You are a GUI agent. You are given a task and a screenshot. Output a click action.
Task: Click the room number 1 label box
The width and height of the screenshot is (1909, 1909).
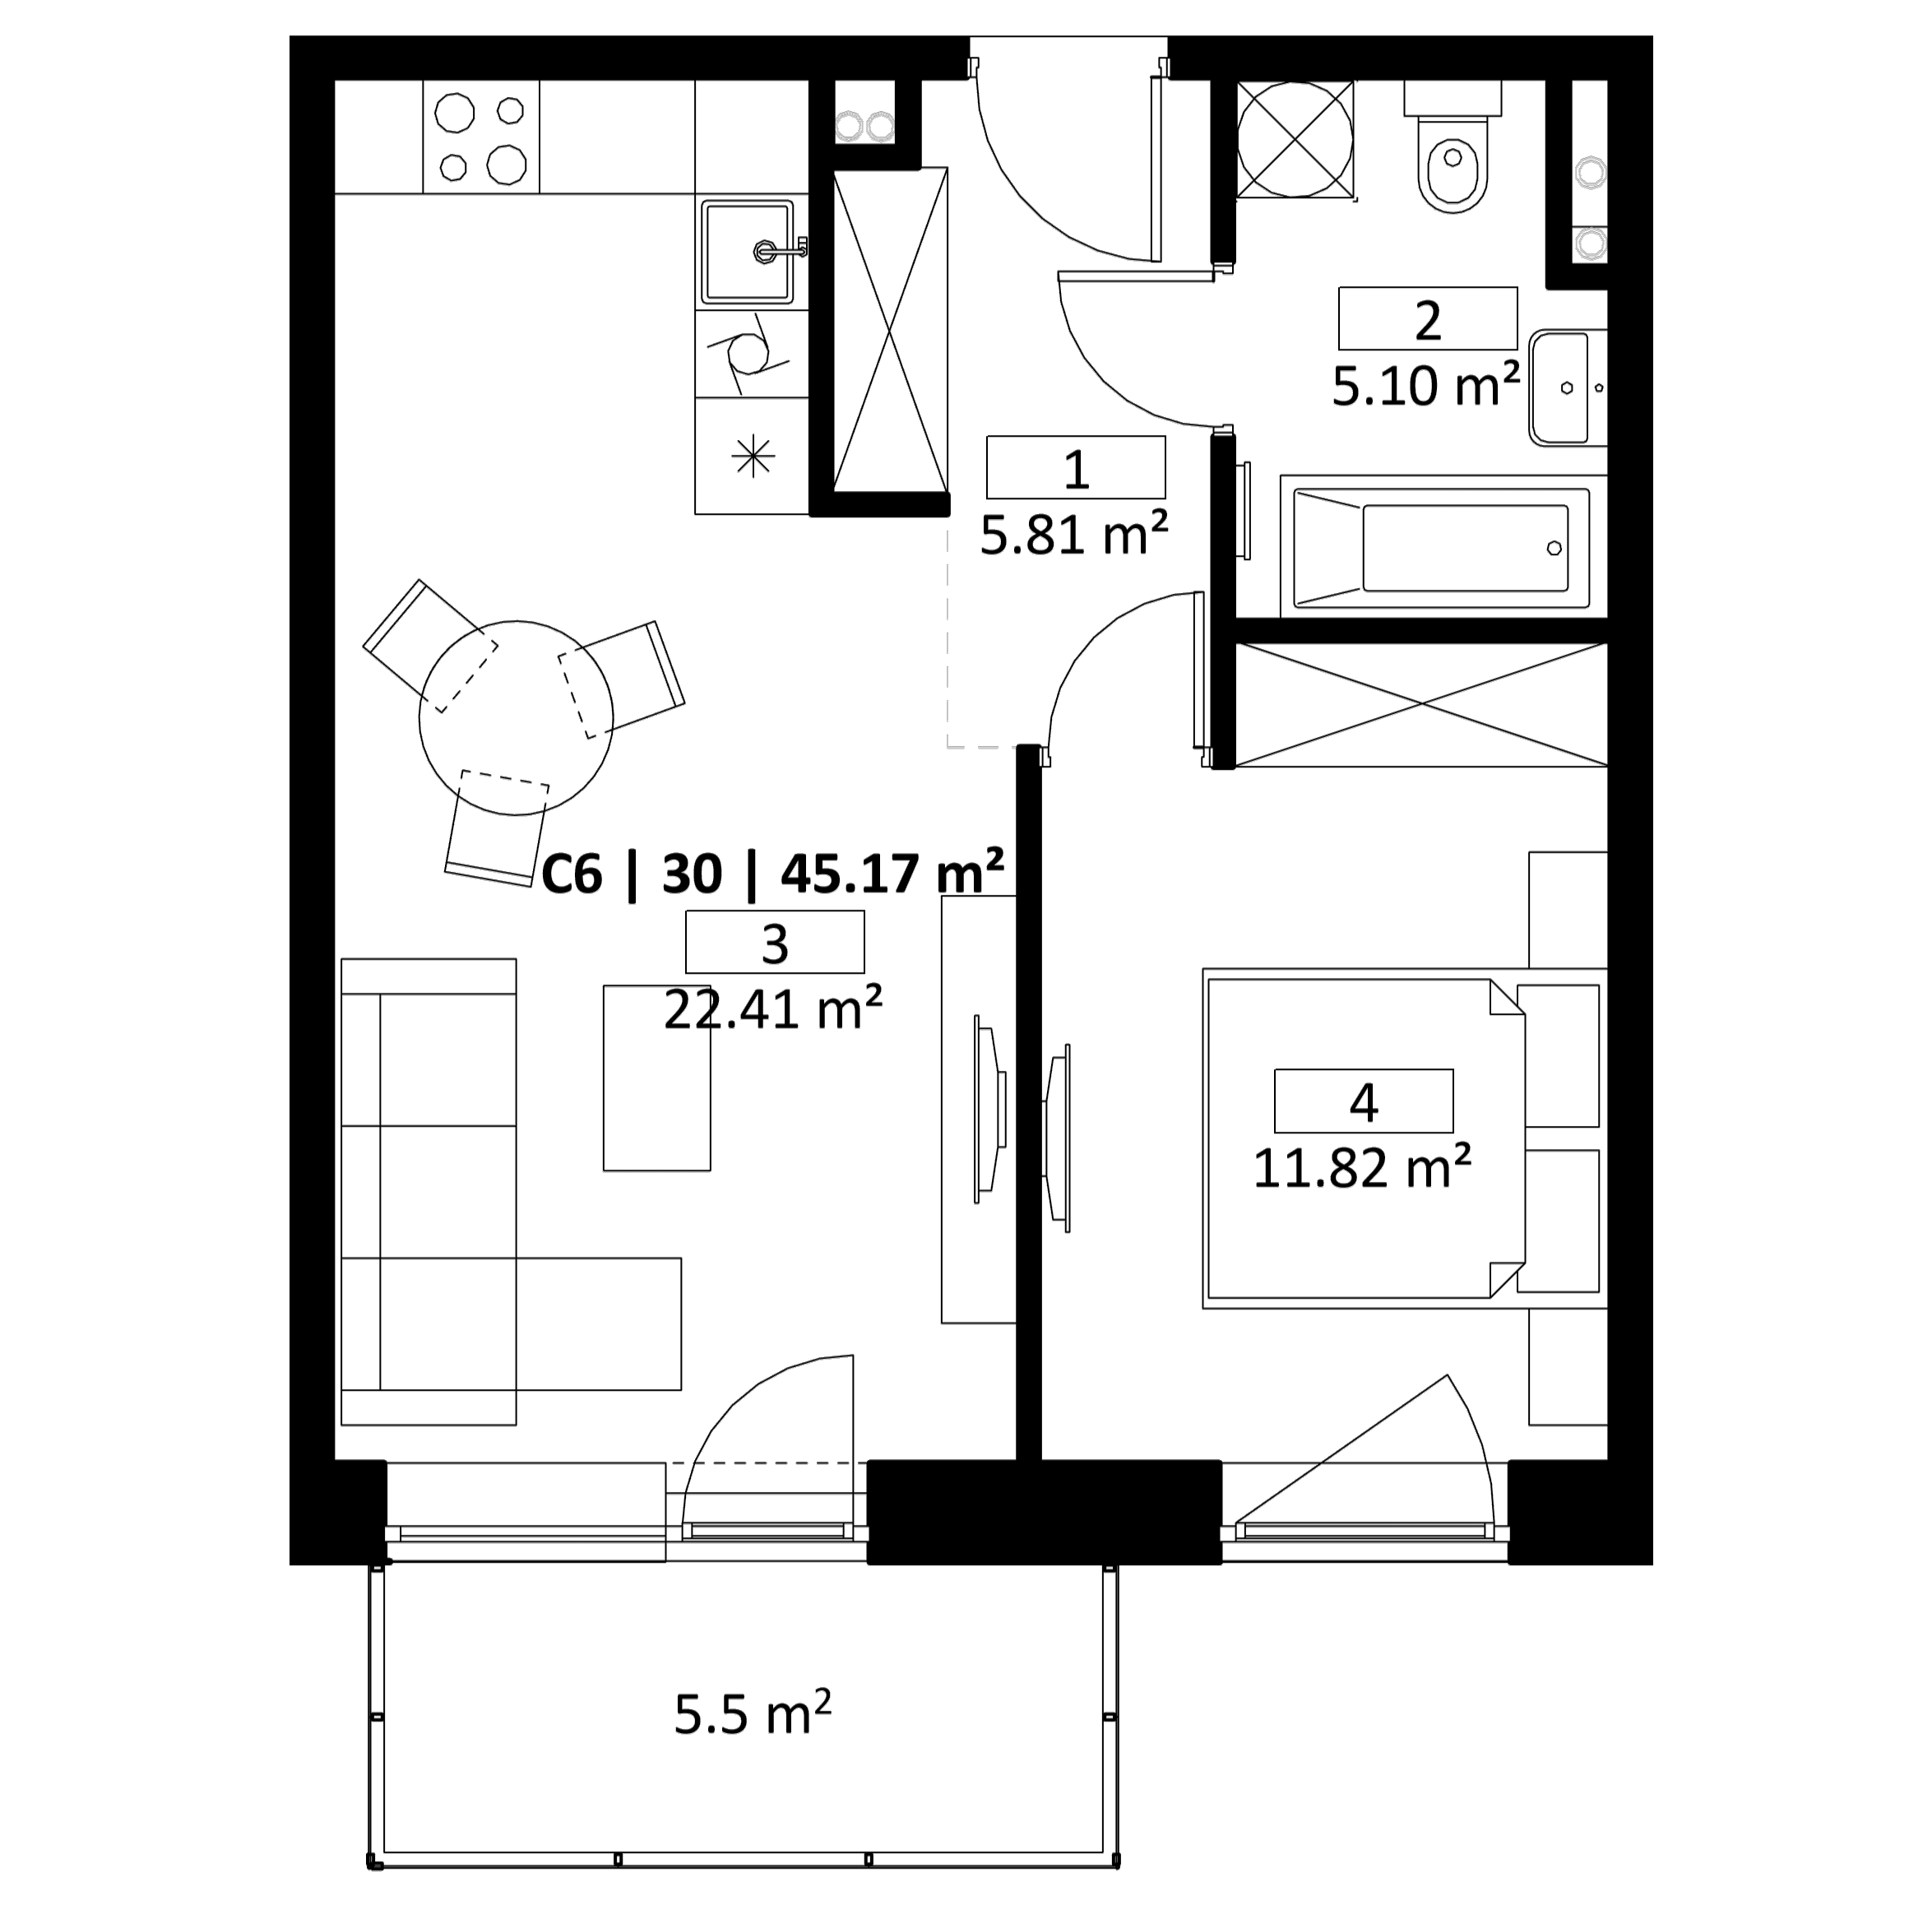1075,466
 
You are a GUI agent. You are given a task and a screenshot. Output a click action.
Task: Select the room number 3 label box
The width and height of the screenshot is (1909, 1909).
775,942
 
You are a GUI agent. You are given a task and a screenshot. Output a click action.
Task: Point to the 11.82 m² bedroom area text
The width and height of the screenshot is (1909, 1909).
1363,1167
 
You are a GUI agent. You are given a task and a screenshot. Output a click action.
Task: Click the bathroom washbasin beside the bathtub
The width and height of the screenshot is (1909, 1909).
1566,388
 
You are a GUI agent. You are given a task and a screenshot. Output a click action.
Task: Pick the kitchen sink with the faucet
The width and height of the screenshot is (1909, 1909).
747,252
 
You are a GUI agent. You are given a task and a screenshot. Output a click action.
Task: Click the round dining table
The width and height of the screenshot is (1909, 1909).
516,717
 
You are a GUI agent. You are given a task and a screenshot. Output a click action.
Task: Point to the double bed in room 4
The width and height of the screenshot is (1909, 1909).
1364,1138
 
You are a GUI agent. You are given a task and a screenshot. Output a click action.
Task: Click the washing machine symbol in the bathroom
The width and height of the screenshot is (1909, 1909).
1295,139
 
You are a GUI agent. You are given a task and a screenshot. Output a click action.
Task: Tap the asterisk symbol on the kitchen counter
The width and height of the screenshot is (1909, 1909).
752,456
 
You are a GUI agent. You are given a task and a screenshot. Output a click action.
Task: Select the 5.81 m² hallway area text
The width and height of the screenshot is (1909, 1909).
1074,535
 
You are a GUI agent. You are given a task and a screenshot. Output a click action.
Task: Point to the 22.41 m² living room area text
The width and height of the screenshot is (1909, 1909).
772,1009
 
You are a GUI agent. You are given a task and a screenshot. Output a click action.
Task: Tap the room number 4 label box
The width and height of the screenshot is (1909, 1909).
1364,1100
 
